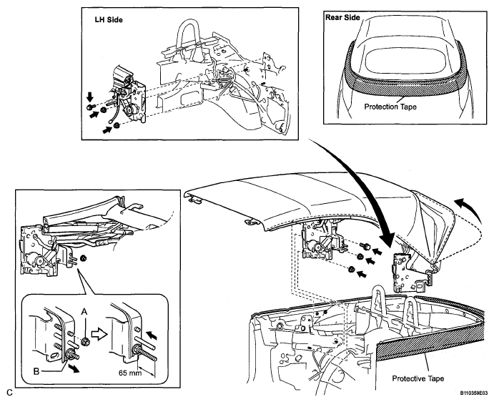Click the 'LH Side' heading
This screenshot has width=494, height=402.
click(109, 20)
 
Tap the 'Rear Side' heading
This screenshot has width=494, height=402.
click(342, 17)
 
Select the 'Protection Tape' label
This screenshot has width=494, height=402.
click(390, 107)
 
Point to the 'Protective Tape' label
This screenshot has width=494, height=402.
click(418, 378)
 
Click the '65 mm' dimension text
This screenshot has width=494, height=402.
click(130, 373)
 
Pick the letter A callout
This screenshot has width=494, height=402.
click(84, 312)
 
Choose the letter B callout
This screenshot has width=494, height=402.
click(36, 371)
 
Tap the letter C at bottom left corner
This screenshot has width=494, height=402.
click(10, 393)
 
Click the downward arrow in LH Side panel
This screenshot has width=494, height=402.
click(90, 97)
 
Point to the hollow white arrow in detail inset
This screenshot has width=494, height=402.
click(98, 335)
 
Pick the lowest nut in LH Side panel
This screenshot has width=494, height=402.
click(117, 125)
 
